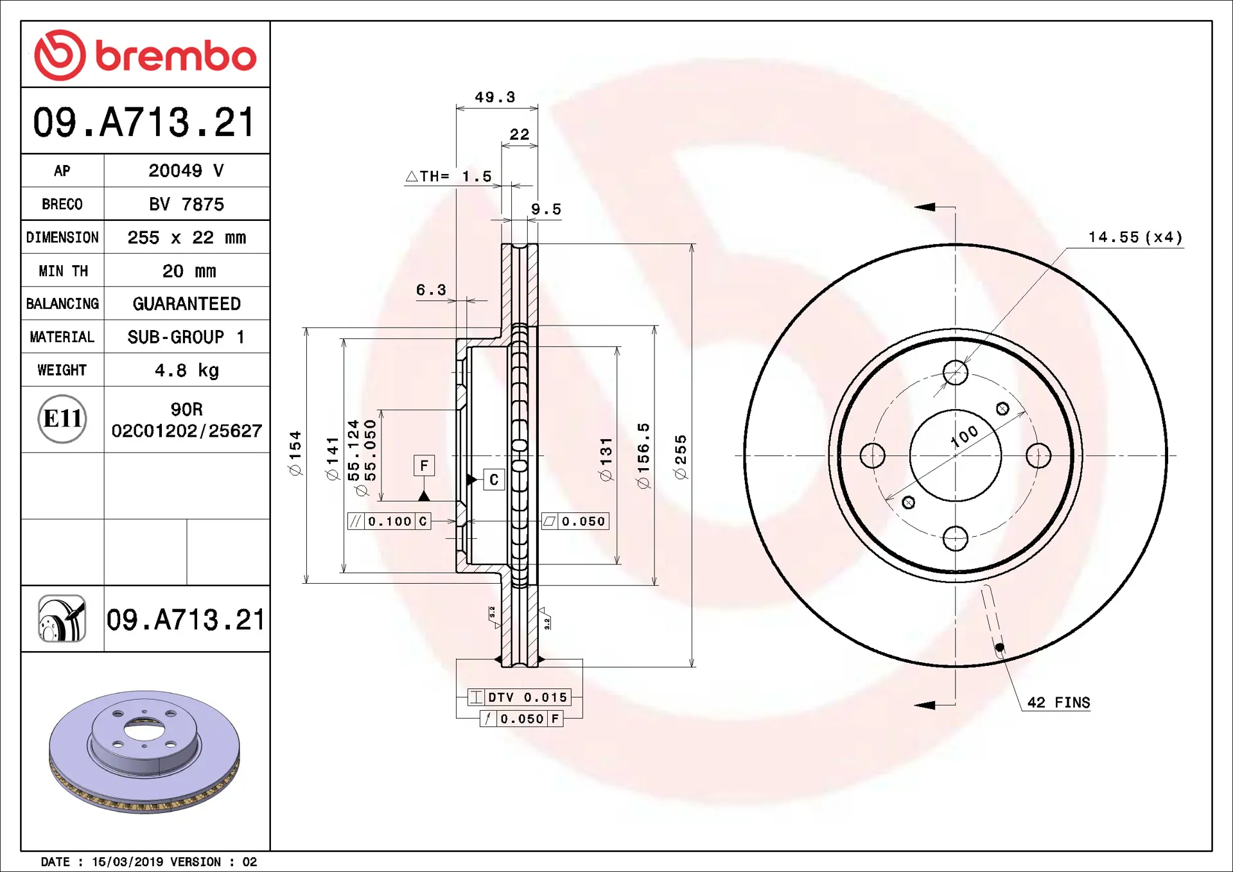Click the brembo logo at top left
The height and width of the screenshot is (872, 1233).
tap(145, 55)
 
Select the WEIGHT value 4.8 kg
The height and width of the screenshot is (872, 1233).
tap(186, 371)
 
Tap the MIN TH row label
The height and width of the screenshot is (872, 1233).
tap(63, 271)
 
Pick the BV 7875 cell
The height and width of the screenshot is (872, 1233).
tap(186, 204)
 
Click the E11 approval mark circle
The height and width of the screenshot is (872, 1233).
tap(62, 419)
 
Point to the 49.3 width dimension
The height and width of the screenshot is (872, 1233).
tap(494, 97)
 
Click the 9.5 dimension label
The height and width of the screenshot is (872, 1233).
tap(546, 209)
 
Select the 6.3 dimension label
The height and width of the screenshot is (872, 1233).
tap(431, 290)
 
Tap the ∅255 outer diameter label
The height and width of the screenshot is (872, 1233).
tap(681, 457)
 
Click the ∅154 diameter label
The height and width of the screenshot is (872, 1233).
tap(295, 453)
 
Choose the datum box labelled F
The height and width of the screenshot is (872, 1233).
tap(424, 466)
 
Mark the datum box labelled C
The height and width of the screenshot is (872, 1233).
tap(494, 480)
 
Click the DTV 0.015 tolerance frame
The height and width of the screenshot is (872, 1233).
tap(519, 697)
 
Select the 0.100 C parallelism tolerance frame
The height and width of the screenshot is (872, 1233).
tap(389, 521)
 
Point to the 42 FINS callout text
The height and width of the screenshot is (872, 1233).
tap(1058, 702)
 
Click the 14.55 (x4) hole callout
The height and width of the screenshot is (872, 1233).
tap(1135, 238)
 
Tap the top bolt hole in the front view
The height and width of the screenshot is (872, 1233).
tap(955, 372)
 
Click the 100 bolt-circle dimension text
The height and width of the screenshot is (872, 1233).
tap(965, 435)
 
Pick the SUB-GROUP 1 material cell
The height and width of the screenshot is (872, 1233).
tap(186, 337)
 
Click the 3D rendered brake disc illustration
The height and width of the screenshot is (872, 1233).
tap(144, 751)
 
